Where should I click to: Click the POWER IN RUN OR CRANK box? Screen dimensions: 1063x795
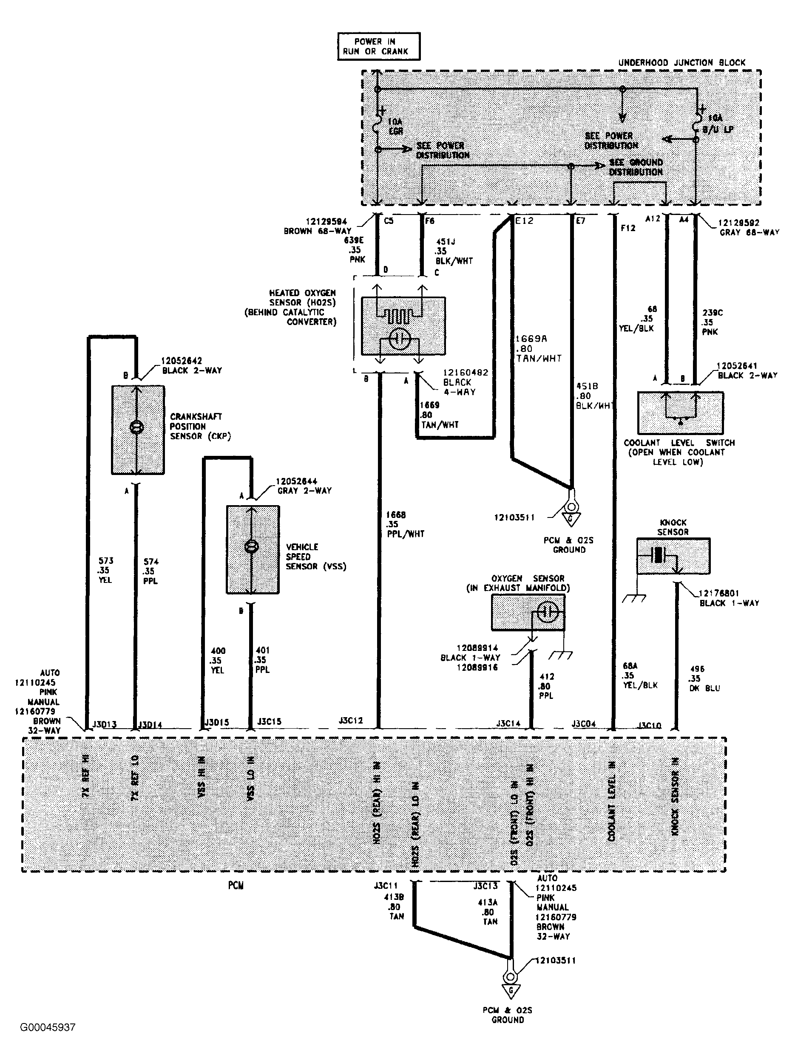378,47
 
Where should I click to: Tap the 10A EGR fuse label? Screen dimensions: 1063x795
395,126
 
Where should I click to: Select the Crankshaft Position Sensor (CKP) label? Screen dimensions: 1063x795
199,426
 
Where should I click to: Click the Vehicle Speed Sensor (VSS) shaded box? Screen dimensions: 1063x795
253,549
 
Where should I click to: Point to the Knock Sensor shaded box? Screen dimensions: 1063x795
673,556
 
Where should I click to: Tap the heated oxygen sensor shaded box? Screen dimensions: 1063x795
403,326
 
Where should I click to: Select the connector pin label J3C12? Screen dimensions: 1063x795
351,721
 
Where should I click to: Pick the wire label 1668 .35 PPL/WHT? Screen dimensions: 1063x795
404,524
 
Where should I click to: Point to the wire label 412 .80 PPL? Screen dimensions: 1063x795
546,686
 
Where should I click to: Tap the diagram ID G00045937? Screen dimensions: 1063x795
48,1027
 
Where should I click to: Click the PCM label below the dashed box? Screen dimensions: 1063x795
236,885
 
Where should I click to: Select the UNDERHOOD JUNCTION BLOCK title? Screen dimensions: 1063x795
681,62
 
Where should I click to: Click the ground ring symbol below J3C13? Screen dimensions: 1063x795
510,978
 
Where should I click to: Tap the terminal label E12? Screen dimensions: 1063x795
524,221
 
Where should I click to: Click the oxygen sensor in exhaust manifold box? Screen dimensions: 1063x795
528,612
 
